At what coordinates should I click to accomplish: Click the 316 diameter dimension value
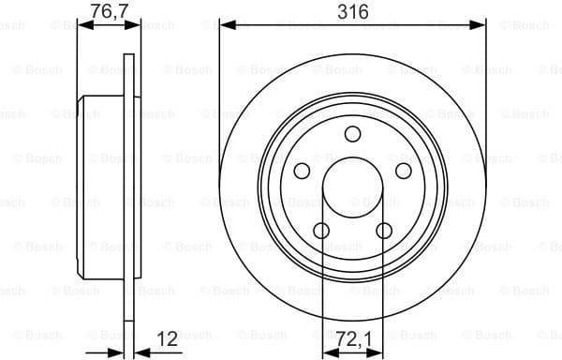(x=352, y=11)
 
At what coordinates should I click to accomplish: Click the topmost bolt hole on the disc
(x=352, y=133)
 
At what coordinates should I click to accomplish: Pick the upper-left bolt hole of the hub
(x=302, y=170)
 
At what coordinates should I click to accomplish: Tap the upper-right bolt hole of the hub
(x=403, y=170)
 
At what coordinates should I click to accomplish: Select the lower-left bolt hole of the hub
(x=321, y=230)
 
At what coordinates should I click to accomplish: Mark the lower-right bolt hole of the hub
(x=383, y=230)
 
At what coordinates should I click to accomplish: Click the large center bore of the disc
(x=352, y=187)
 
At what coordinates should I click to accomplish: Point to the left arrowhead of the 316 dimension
(x=225, y=25)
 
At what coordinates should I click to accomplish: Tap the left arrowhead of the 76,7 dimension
(x=81, y=25)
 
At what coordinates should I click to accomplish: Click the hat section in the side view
(x=100, y=187)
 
